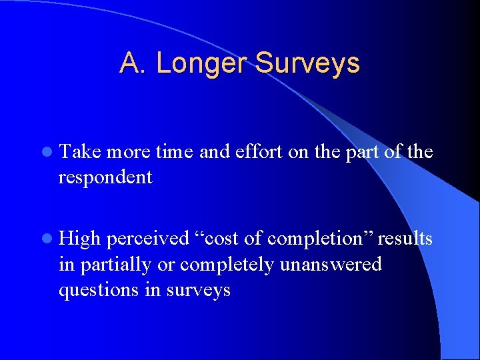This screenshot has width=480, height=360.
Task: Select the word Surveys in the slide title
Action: pos(307,63)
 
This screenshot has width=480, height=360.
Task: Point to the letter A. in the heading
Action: pos(129,63)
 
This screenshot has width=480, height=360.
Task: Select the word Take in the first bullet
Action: pos(80,153)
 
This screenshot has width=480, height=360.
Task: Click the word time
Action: pos(175,153)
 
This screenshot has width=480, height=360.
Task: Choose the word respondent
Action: pos(105,177)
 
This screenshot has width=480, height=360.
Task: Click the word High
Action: pos(80,239)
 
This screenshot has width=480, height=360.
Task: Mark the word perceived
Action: pos(148,239)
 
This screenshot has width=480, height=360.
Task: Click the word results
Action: pos(405,239)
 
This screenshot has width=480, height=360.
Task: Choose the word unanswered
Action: pos(331,265)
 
